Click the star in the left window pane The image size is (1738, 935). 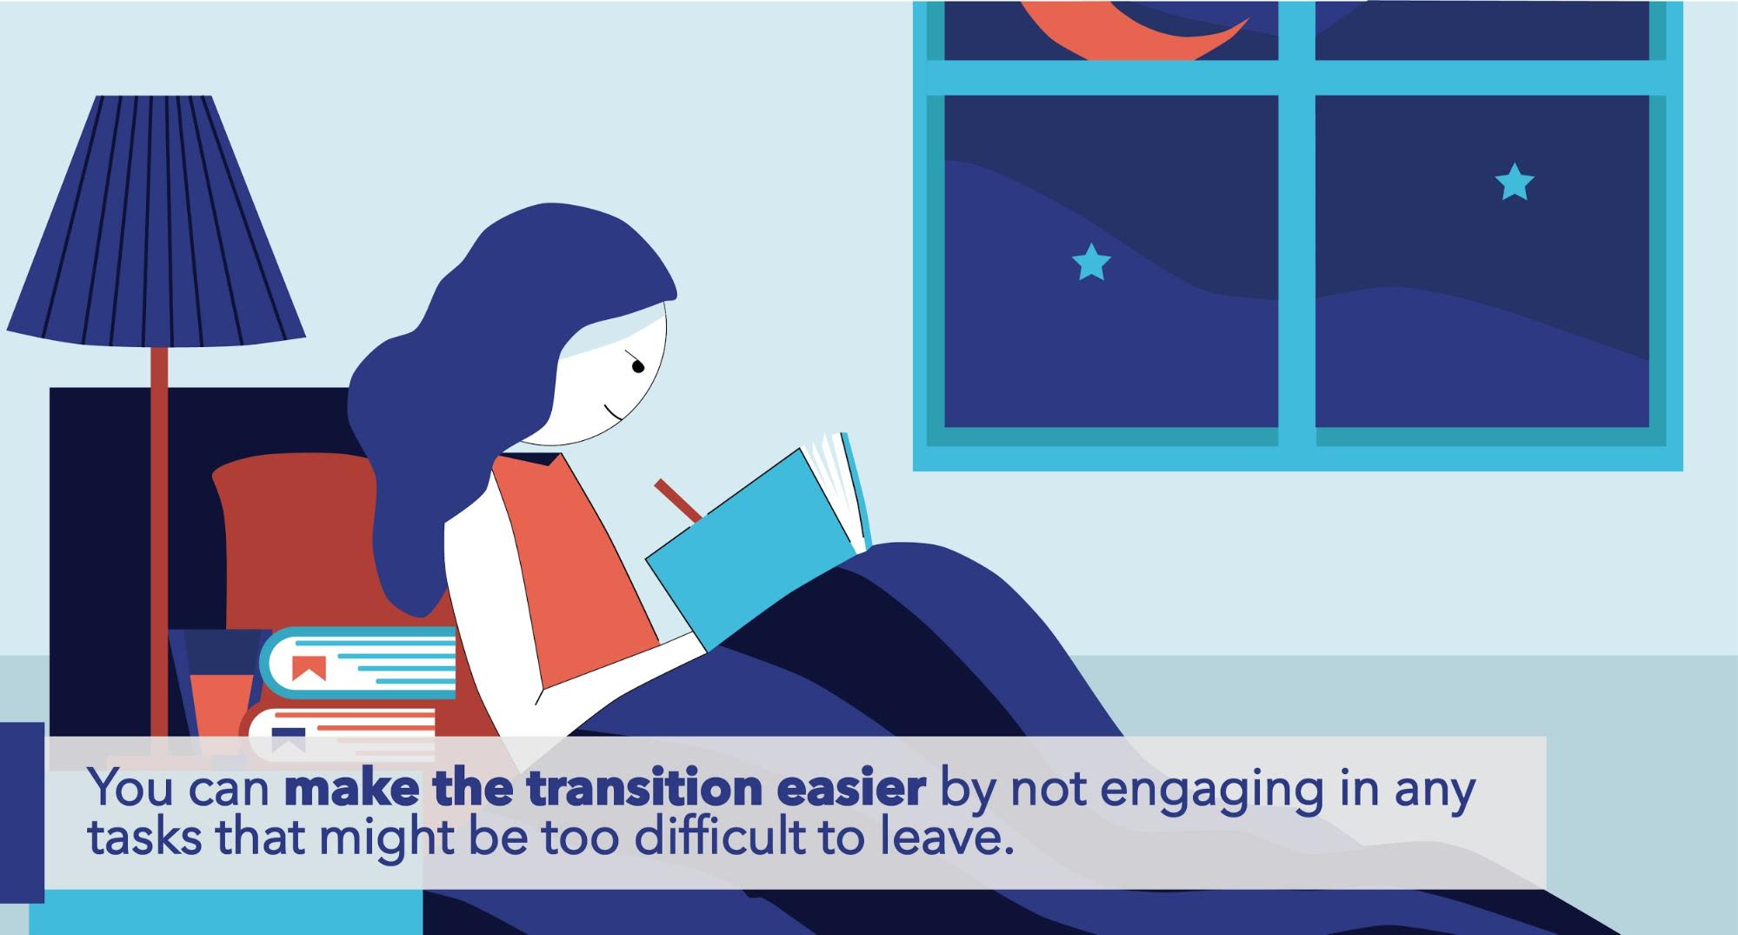pyautogui.click(x=1091, y=262)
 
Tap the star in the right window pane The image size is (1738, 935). pyautogui.click(x=1515, y=182)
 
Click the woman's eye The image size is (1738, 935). pyautogui.click(x=637, y=367)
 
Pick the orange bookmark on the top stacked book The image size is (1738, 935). pyautogui.click(x=309, y=668)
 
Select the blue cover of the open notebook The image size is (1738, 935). pyautogui.click(x=748, y=548)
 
